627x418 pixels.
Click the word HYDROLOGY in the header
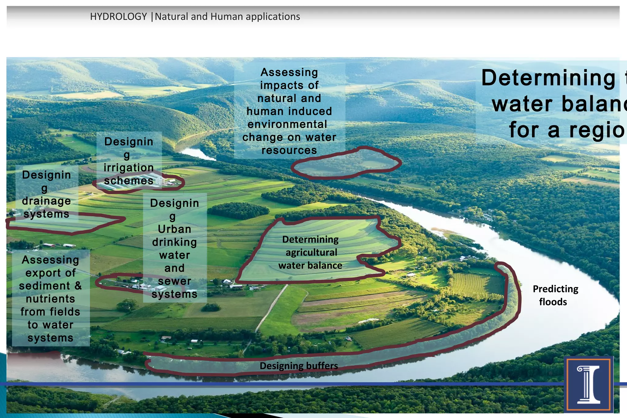118,17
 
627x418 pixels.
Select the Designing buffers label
299,366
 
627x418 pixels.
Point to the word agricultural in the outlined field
311,252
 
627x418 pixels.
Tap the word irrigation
129,168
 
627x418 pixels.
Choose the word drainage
47,201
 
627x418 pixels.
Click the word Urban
175,229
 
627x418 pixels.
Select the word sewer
175,281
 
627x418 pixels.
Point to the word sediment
45,286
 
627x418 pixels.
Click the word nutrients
51,299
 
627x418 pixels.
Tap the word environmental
287,124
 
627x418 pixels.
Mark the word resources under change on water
289,150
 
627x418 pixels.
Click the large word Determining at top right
548,78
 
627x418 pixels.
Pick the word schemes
129,181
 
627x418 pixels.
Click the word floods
553,302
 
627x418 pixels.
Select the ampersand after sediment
78,286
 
